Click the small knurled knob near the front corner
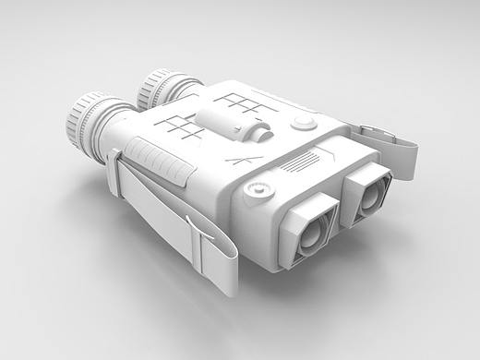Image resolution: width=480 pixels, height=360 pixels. coord(258,190)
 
